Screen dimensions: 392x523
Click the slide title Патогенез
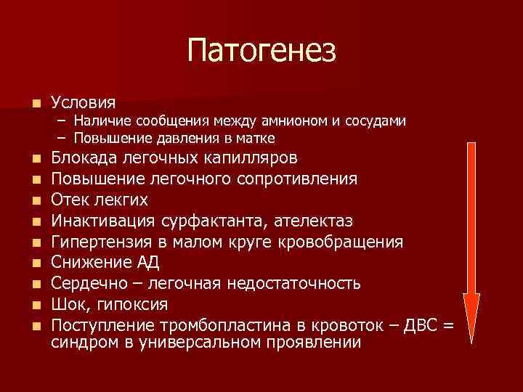pos(261,51)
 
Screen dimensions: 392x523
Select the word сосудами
pos(377,121)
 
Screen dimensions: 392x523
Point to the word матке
pos(256,137)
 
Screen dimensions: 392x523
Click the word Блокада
pos(89,158)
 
